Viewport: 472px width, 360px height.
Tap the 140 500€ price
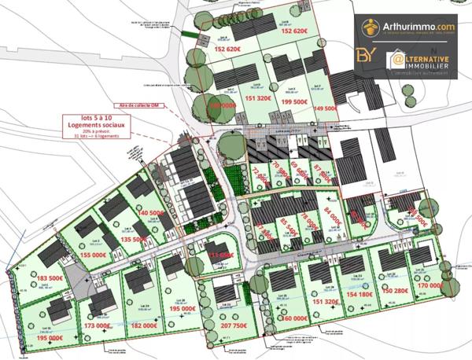click(x=150, y=213)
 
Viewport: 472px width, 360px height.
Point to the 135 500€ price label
click(x=131, y=239)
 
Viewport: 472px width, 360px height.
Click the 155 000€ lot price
click(x=92, y=255)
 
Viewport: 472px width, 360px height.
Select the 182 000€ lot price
click(x=146, y=325)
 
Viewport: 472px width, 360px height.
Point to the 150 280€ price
click(x=398, y=291)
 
